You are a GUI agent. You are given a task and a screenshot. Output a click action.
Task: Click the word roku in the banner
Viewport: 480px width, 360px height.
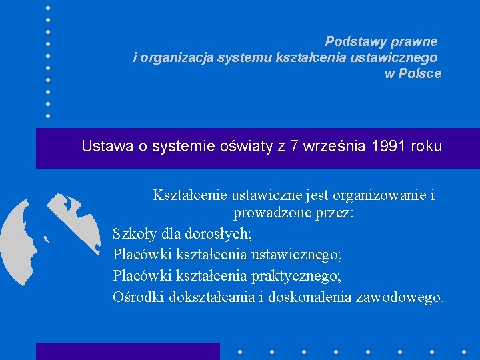click(427, 146)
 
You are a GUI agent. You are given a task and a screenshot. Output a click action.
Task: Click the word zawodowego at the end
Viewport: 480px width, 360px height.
click(401, 297)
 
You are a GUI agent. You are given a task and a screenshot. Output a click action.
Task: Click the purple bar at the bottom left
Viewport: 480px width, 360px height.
click(127, 351)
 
